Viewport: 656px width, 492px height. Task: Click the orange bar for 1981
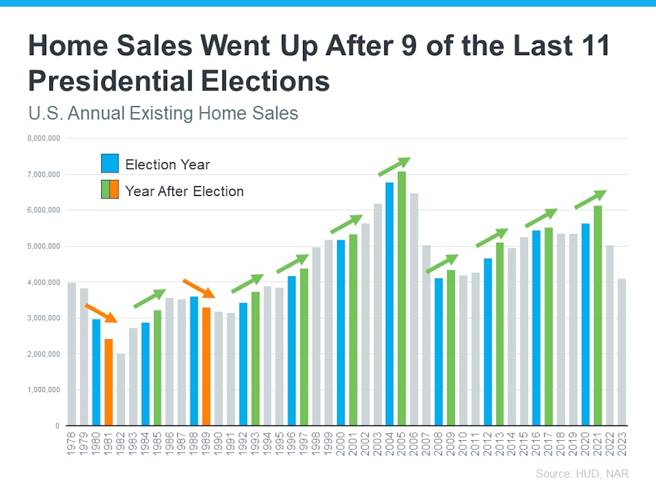108,382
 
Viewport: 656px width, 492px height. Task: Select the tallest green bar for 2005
402,299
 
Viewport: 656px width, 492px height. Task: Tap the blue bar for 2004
389,304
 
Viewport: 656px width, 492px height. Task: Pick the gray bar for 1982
120,389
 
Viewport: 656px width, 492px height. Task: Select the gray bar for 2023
622,352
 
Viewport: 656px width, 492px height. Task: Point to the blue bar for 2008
439,352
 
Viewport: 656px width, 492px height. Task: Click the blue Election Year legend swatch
110,164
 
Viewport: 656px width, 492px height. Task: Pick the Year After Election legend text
184,191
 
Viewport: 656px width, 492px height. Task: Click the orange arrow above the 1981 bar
101,313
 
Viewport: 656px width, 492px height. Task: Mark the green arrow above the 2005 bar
393,167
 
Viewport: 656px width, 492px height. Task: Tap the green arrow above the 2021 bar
589,199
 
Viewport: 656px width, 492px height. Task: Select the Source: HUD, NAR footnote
582,474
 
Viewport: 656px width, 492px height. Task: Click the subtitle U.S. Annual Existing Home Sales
163,113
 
